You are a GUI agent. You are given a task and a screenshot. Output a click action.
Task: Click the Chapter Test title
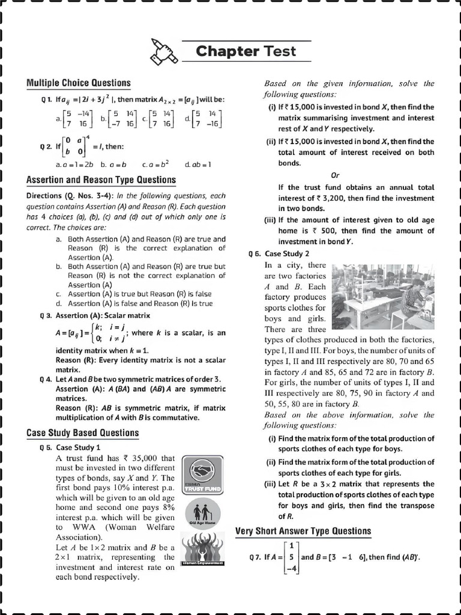[246, 51]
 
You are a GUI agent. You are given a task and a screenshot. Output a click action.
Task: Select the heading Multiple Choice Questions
[78, 82]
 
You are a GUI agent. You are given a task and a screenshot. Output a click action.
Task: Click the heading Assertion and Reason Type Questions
[101, 180]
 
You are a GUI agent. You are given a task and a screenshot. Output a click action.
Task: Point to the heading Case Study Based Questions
[82, 432]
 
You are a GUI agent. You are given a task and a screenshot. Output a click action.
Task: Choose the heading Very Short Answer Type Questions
[303, 530]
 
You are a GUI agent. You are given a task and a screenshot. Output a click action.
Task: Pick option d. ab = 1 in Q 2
[198, 164]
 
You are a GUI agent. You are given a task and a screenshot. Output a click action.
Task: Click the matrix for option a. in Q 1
[77, 118]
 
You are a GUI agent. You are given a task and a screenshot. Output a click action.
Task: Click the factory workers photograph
[382, 296]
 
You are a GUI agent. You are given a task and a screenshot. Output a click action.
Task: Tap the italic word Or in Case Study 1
[336, 175]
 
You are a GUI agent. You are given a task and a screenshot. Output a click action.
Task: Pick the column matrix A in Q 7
[291, 557]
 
